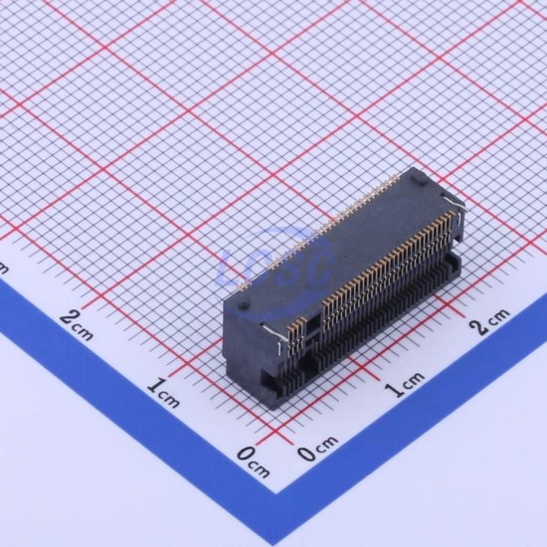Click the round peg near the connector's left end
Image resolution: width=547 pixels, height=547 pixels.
245,304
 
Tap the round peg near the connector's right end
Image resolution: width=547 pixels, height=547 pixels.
418,178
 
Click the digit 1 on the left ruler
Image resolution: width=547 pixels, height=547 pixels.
154,386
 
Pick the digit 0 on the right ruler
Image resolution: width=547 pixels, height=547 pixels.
306,454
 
